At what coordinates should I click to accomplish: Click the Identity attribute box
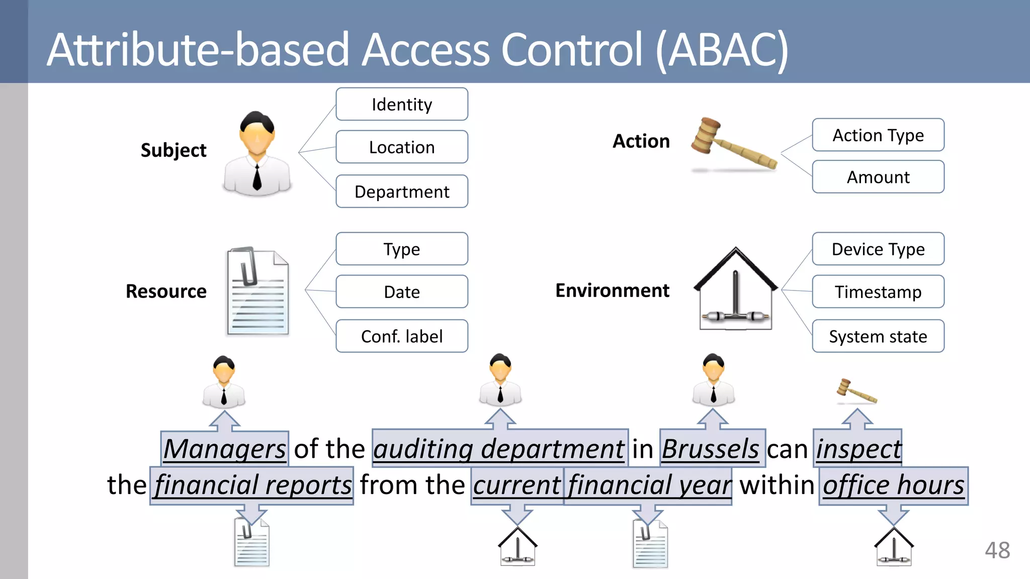coord(402,105)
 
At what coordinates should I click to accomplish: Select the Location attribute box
coord(402,147)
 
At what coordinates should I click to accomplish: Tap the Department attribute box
coord(402,191)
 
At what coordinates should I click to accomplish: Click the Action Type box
coord(878,135)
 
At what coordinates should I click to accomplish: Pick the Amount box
coord(878,177)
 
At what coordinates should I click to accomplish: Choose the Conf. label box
coord(402,336)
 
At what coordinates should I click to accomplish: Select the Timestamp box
coord(878,292)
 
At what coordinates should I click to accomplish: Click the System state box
coord(878,336)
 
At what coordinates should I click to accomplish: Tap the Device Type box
coord(878,249)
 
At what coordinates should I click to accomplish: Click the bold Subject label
coord(174,150)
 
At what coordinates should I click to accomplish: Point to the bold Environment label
coord(612,291)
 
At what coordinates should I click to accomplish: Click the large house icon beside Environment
coord(735,290)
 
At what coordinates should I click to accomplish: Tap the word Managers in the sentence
coord(225,448)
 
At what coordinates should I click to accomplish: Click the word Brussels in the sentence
coord(711,448)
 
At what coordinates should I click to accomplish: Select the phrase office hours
coord(893,485)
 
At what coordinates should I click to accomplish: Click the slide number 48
coord(997,550)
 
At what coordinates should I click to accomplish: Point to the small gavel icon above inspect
coord(856,392)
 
